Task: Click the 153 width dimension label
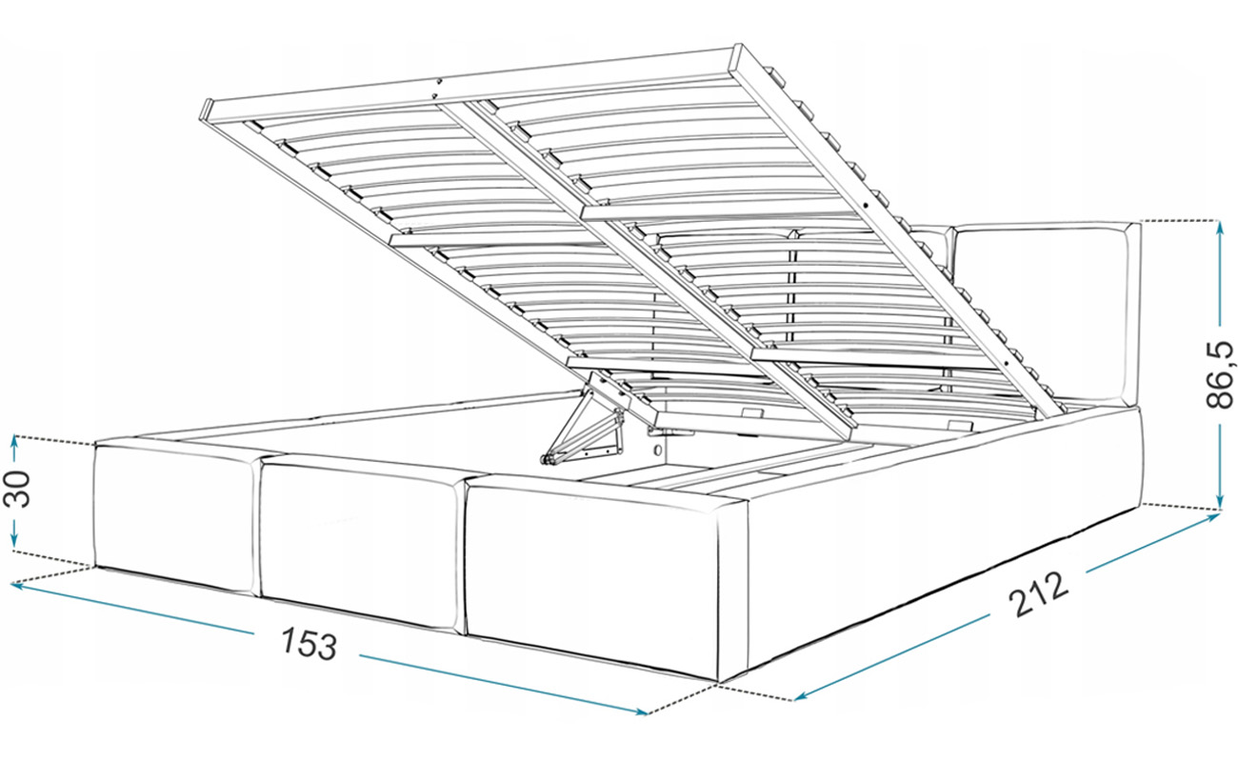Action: (x=309, y=644)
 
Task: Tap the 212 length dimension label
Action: (x=1038, y=594)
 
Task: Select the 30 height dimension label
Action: (x=16, y=489)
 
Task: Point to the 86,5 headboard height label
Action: (x=1219, y=375)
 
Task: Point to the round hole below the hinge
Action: (x=658, y=449)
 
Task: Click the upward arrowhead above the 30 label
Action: (x=15, y=441)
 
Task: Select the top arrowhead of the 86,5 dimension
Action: (x=1220, y=227)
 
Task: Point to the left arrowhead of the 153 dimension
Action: (x=16, y=586)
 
